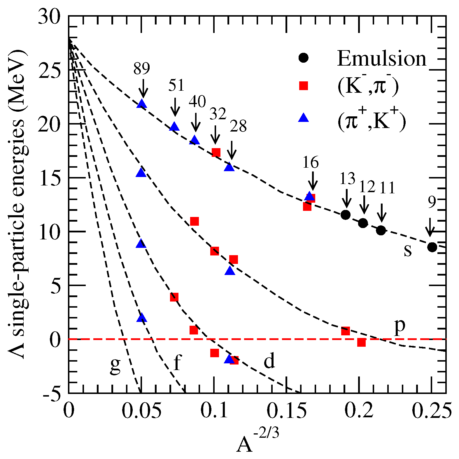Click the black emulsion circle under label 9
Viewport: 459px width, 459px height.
[432, 247]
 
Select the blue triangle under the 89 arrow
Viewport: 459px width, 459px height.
[142, 104]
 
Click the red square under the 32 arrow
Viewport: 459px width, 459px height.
[216, 152]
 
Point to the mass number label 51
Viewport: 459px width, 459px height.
[176, 85]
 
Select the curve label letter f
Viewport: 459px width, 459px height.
[177, 363]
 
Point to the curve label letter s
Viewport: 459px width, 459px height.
[408, 250]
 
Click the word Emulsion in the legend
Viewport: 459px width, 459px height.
[382, 59]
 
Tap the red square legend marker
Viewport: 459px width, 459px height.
[304, 86]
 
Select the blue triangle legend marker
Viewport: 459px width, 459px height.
[304, 118]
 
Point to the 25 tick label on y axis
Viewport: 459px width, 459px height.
[50, 70]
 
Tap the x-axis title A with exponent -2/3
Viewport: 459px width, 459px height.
[257, 442]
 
